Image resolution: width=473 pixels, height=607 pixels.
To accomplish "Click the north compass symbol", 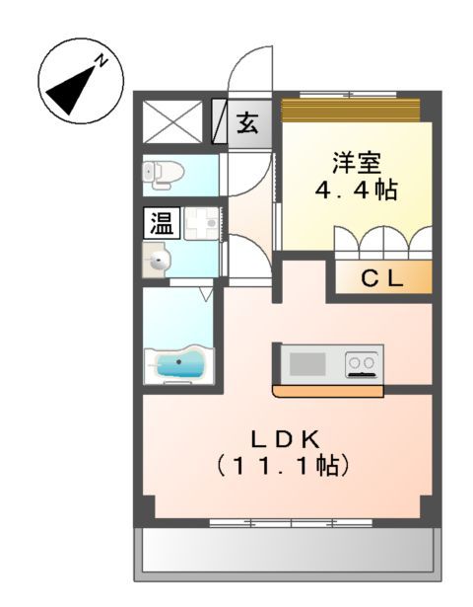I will point(81,86).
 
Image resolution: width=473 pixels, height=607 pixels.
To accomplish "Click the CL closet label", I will point(380,279).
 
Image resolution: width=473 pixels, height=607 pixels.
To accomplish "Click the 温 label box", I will point(160,224).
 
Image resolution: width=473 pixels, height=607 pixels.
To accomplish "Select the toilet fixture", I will point(164,174).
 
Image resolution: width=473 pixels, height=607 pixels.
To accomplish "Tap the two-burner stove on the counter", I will point(362,364).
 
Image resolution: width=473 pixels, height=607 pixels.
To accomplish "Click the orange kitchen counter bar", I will point(327,391).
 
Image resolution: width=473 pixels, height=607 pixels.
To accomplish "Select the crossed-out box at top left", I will point(173,123).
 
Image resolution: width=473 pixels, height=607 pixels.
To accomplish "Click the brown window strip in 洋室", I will point(351,106).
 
